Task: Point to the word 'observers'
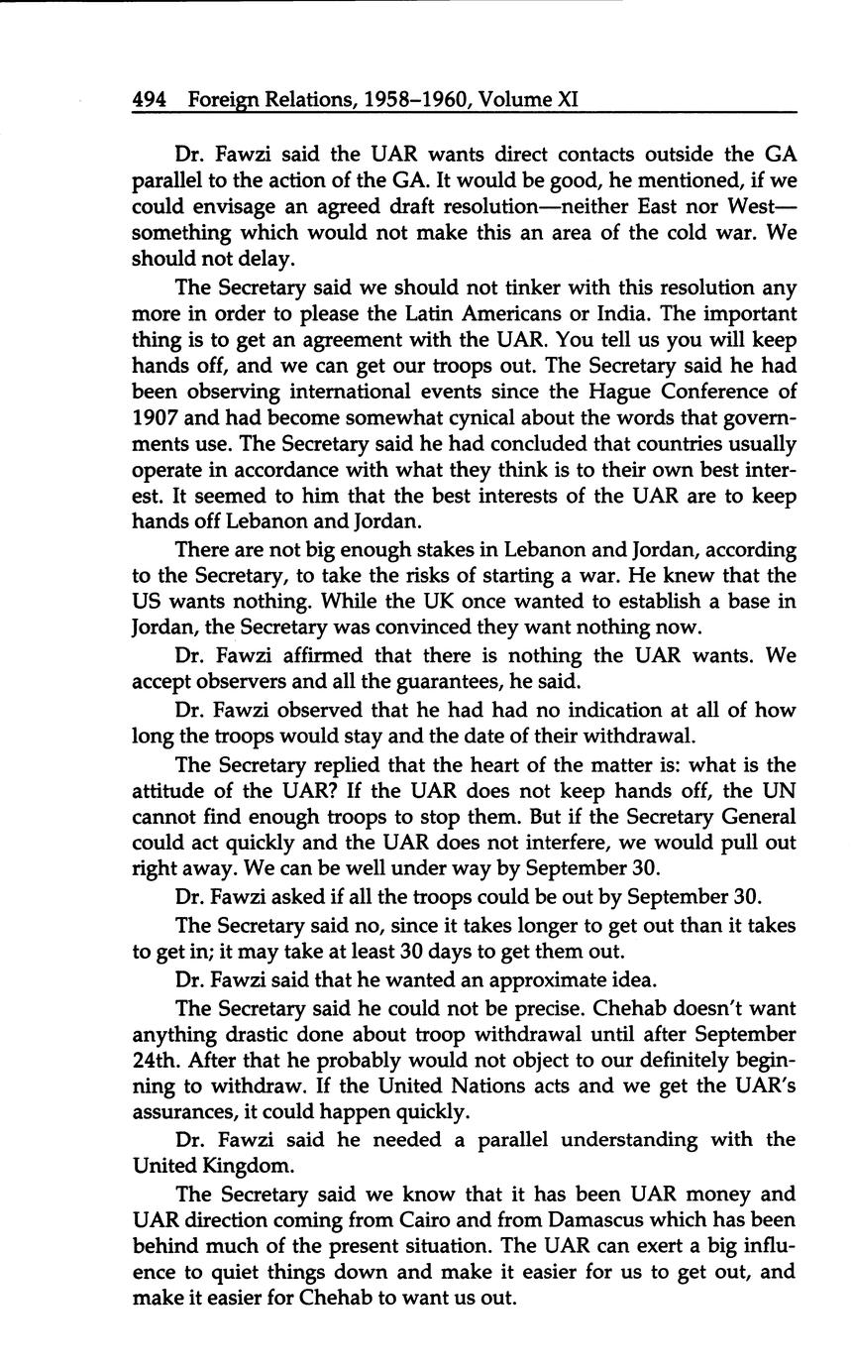point(234,682)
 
